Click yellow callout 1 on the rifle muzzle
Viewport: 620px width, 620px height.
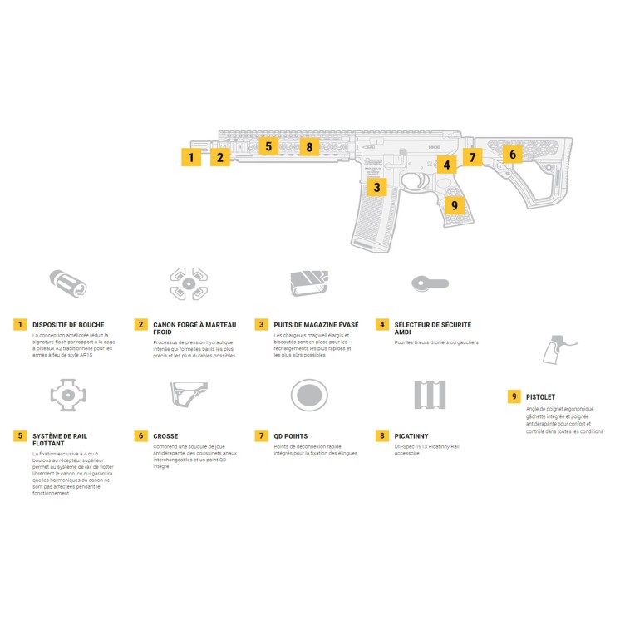pyautogui.click(x=191, y=156)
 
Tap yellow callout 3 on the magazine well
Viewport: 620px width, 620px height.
pyautogui.click(x=377, y=187)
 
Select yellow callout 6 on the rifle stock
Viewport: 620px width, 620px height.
pyautogui.click(x=512, y=154)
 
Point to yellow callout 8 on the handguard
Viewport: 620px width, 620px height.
pyautogui.click(x=309, y=147)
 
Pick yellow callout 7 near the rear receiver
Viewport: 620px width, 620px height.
pyautogui.click(x=472, y=156)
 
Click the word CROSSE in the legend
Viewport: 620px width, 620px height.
pyautogui.click(x=165, y=435)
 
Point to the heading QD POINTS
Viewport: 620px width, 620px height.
pyautogui.click(x=290, y=435)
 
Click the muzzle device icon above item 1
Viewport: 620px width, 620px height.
pyautogui.click(x=69, y=284)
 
